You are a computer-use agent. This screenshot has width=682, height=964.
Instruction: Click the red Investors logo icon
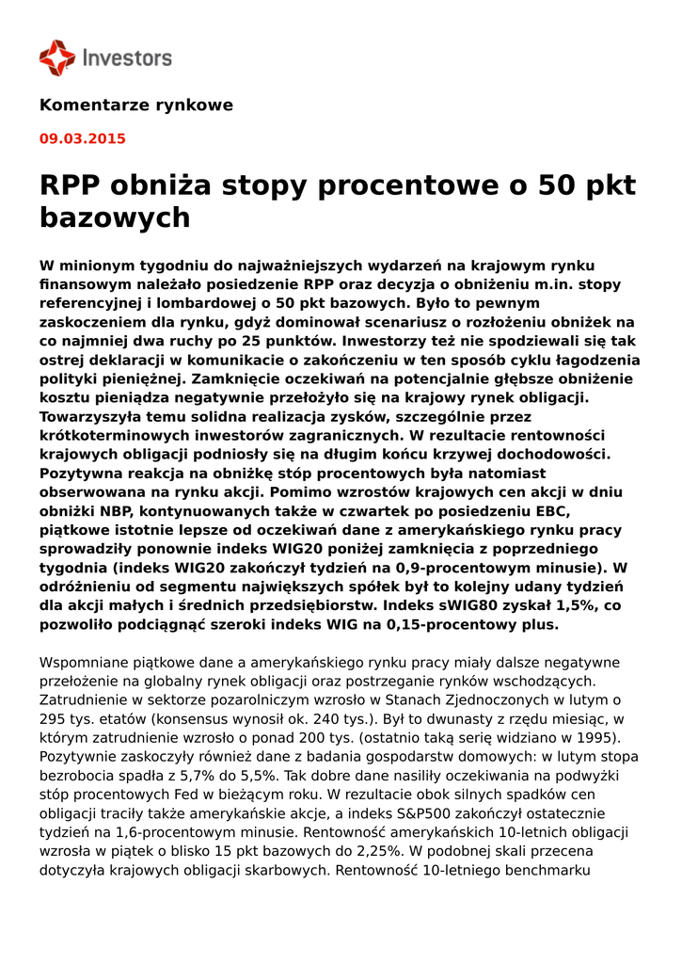click(x=56, y=57)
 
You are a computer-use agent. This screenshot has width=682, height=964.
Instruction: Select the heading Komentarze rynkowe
click(x=135, y=105)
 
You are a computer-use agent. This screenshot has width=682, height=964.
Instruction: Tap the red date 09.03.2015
click(x=82, y=138)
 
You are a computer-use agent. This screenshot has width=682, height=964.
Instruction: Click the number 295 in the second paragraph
click(x=53, y=718)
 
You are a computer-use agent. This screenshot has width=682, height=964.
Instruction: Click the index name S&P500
click(x=415, y=812)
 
